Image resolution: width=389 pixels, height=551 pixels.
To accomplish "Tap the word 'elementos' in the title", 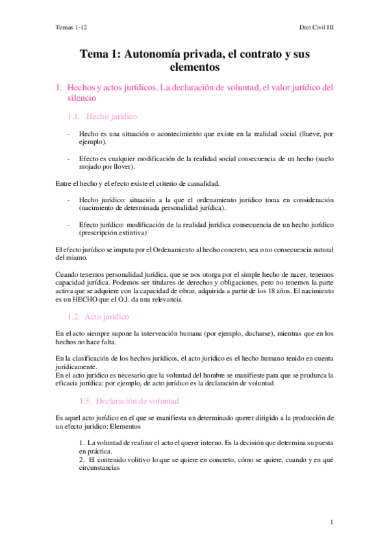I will (194, 67).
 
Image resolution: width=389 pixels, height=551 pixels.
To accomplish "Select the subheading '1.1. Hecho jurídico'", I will (103, 116).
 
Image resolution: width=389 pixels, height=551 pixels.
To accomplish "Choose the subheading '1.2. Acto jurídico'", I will (99, 316).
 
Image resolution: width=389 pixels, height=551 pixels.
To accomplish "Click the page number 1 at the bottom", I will (331, 522).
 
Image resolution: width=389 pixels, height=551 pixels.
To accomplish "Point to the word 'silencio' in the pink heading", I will (82, 98).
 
